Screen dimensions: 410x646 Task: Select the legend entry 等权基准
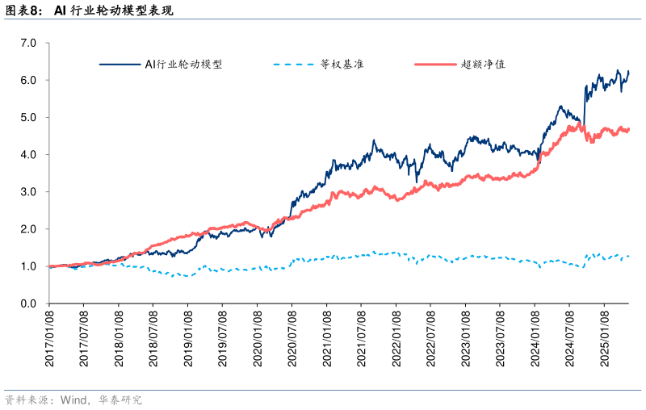point(342,64)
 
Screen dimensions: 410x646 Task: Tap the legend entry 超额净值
point(483,64)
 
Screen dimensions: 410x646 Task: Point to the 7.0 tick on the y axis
point(29,43)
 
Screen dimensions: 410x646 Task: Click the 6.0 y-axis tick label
point(29,80)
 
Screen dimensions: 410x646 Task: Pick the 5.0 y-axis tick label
point(29,117)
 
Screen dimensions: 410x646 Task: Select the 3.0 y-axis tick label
point(29,192)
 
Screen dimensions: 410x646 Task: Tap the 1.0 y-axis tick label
point(29,266)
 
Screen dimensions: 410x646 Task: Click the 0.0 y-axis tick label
point(29,303)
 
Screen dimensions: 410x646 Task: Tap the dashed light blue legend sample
point(293,64)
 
